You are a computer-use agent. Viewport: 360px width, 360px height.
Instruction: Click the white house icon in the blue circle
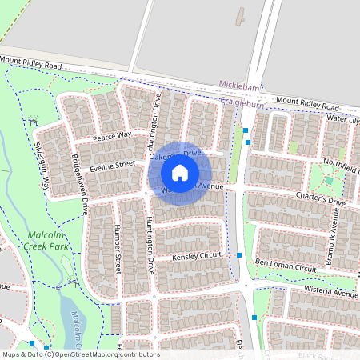tap(180, 173)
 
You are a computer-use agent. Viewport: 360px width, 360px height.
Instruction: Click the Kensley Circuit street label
tap(196, 258)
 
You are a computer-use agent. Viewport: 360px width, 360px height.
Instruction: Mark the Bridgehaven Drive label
tap(79, 186)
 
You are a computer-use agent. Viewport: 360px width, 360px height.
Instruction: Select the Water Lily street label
tap(342, 118)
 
